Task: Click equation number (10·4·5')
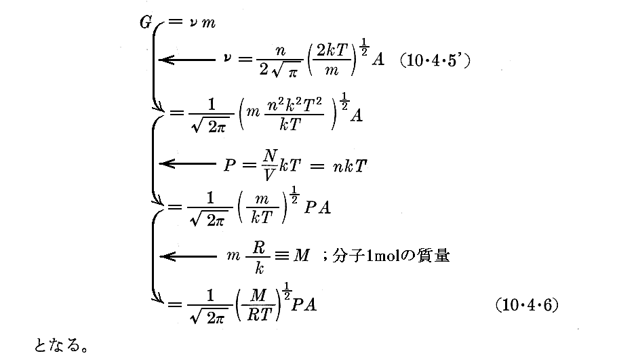point(435,60)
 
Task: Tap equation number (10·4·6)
point(526,305)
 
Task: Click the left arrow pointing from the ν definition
point(186,60)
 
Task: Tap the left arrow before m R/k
point(186,256)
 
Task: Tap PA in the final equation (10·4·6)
point(303,305)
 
